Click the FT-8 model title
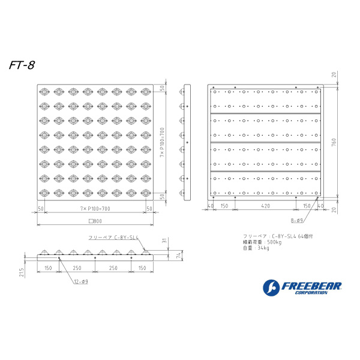22,65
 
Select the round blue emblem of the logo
271,288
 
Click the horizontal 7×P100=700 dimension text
95,208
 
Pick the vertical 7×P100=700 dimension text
162,142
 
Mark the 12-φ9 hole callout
81,281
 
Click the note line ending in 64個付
278,236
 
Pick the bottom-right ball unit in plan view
146,193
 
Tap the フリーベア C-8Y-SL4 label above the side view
113,238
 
